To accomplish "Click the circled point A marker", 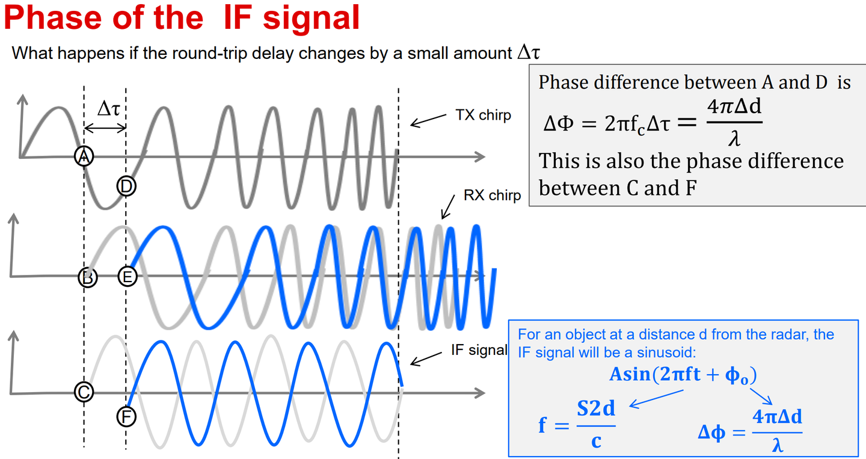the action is click(84, 156).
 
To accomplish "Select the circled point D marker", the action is click(126, 186).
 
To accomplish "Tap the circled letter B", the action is click(88, 277).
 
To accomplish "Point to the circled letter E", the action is click(127, 277).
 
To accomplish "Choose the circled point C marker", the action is click(84, 392).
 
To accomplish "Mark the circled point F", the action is click(126, 416).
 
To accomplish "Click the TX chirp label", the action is click(484, 116).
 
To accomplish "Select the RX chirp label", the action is click(492, 196).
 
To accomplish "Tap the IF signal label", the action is click(479, 350).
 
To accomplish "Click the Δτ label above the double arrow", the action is click(109, 109).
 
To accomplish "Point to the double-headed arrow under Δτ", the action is click(105, 128).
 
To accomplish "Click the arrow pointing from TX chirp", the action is click(428, 120).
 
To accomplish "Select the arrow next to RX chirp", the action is click(448, 207).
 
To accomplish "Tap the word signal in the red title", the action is click(312, 18).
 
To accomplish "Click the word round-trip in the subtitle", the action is click(211, 54).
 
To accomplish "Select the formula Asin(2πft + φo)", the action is click(683, 375).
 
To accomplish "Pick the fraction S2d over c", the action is click(596, 425).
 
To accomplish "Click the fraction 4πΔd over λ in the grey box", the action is click(734, 122).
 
